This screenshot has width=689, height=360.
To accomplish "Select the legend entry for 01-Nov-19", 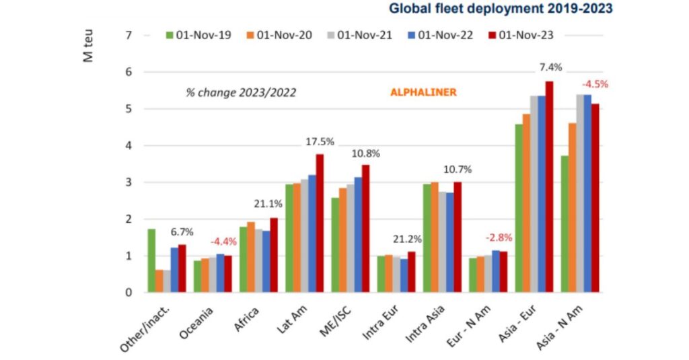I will (x=198, y=35).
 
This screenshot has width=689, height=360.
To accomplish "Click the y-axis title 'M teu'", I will (x=88, y=46).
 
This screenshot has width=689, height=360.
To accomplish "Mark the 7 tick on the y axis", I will (x=129, y=35).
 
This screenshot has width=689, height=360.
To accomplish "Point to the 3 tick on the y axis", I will (x=129, y=182).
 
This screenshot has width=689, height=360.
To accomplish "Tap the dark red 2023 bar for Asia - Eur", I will (x=549, y=187).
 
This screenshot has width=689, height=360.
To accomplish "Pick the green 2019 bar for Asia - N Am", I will (x=564, y=224).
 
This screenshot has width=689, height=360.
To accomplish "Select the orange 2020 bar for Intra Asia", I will (x=434, y=238).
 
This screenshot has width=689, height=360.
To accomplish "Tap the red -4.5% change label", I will (x=595, y=85).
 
